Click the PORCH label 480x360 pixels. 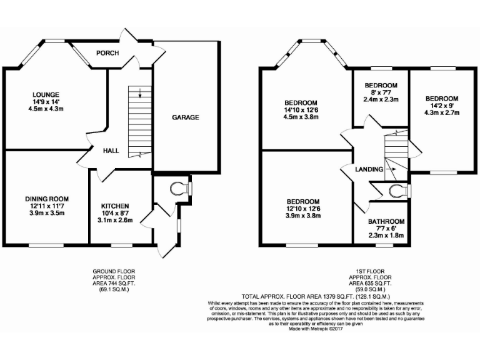(x=107, y=53)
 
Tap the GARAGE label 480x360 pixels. (x=186, y=117)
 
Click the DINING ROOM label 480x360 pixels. (x=47, y=199)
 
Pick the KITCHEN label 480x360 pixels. (x=115, y=206)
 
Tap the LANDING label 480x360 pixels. (x=369, y=169)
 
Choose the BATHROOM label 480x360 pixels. (x=386, y=222)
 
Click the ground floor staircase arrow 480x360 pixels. (x=140, y=94)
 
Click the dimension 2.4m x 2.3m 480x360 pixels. (x=381, y=99)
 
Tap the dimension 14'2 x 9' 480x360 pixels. (x=442, y=106)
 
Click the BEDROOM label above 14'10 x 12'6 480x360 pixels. (x=301, y=102)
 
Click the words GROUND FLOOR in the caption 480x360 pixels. (x=114, y=271)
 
